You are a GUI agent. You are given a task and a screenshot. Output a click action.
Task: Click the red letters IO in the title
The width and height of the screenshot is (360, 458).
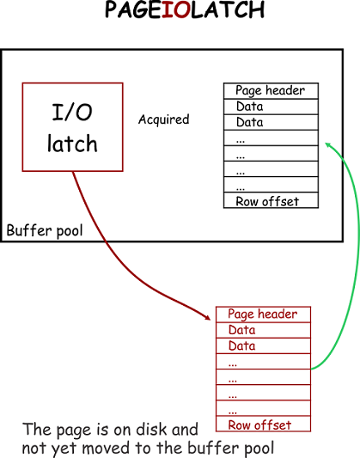180,11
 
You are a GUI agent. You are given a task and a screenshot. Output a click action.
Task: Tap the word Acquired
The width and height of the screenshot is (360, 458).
163,119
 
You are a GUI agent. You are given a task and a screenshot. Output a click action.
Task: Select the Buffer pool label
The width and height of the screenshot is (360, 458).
45,231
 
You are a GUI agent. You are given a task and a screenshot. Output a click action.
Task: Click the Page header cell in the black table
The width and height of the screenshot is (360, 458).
271,91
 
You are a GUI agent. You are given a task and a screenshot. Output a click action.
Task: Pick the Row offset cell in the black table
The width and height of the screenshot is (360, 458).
271,201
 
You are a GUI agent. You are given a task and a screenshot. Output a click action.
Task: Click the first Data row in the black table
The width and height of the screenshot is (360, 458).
271,107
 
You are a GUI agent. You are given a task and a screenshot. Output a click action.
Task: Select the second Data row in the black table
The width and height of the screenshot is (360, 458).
271,122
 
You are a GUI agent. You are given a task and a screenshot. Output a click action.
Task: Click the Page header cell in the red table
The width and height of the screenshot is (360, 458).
263,314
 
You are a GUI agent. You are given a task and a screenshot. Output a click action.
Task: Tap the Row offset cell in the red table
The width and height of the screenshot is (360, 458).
263,424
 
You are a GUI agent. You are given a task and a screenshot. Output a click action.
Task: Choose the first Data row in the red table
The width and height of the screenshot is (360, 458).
263,330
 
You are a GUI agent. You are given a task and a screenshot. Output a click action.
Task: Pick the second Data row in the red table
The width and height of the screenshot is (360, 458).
263,345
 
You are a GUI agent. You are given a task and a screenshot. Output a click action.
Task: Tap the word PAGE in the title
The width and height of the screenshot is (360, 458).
132,11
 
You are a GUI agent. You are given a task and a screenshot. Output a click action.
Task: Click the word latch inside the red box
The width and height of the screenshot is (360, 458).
72,143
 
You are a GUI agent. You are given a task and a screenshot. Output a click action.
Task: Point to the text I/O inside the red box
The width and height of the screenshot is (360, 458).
72,112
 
